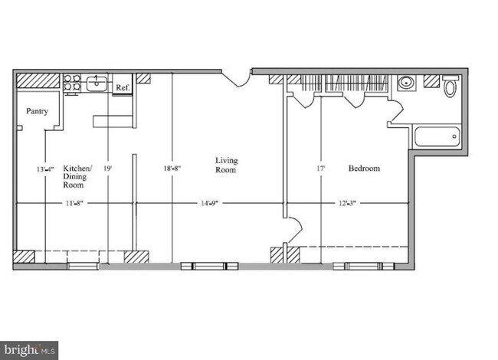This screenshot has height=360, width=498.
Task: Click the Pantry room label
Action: (x=38, y=111)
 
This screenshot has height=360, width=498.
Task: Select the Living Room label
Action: (x=225, y=165)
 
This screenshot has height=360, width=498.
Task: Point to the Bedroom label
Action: (x=364, y=169)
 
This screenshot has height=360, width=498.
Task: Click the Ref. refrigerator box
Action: (x=122, y=87)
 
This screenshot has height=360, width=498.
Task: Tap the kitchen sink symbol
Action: (x=97, y=83)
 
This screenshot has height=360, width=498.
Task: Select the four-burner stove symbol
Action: (x=72, y=83)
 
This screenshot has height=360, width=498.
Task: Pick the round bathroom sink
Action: (x=405, y=84)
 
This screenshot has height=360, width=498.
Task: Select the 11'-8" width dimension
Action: (x=74, y=204)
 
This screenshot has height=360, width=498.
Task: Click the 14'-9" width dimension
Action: (x=211, y=204)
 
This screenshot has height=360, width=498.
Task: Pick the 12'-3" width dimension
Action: (x=346, y=204)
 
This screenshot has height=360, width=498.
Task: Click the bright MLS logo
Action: (x=29, y=350)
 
